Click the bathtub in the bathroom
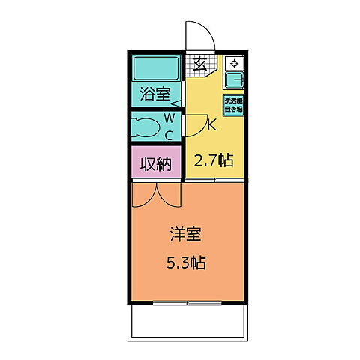(x=156, y=70)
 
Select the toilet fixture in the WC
(x=148, y=127)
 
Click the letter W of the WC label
(x=169, y=119)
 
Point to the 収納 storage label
(x=156, y=163)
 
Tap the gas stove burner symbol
(x=234, y=64)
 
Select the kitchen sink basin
(x=234, y=80)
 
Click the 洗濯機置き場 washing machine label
(x=233, y=104)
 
